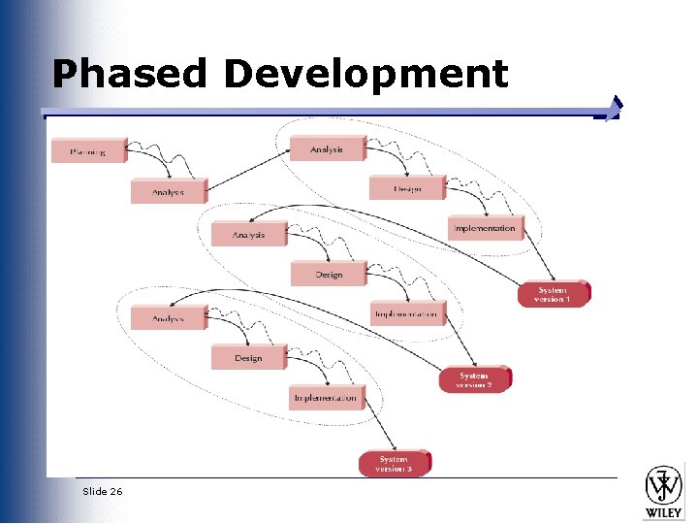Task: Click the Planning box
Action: coord(88,151)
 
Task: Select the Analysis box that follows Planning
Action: coord(169,192)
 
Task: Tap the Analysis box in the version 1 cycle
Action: coord(328,149)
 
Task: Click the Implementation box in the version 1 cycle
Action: coord(485,229)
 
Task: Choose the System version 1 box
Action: coord(553,294)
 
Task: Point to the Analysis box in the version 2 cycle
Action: coord(249,235)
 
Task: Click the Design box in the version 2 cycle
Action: coord(329,275)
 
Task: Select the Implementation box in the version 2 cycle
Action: coord(407,314)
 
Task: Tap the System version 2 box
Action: coord(475,380)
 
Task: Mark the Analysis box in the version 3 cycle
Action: coord(169,319)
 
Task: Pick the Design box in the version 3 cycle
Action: coord(248,358)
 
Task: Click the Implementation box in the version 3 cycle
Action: coord(327,398)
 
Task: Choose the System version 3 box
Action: coord(395,464)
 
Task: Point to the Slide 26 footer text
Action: coord(103,491)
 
